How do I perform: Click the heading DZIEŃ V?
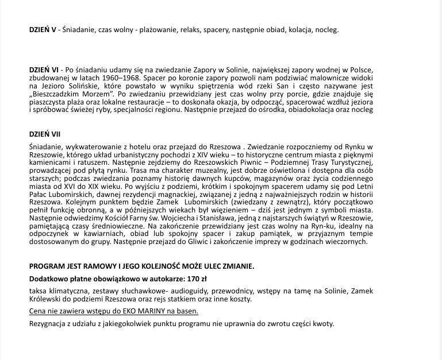42,29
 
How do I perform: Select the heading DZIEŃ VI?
43,69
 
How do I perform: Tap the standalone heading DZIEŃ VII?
44,134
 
